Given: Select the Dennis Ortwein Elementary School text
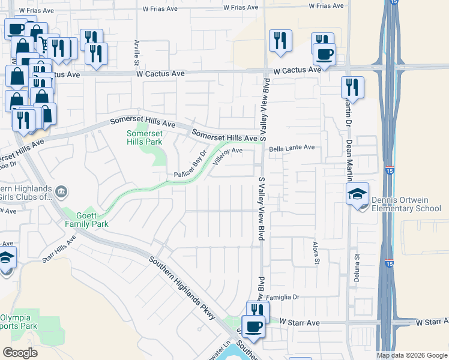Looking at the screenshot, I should click(402, 204).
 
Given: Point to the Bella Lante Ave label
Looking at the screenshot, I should click(292, 148).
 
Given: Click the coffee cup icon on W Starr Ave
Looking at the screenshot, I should click(253, 326).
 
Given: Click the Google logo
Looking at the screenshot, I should click(20, 353).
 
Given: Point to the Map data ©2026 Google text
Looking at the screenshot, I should click(412, 355).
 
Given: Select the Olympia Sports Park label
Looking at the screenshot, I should click(18, 322).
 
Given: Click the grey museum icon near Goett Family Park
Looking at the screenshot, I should click(61, 193).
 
